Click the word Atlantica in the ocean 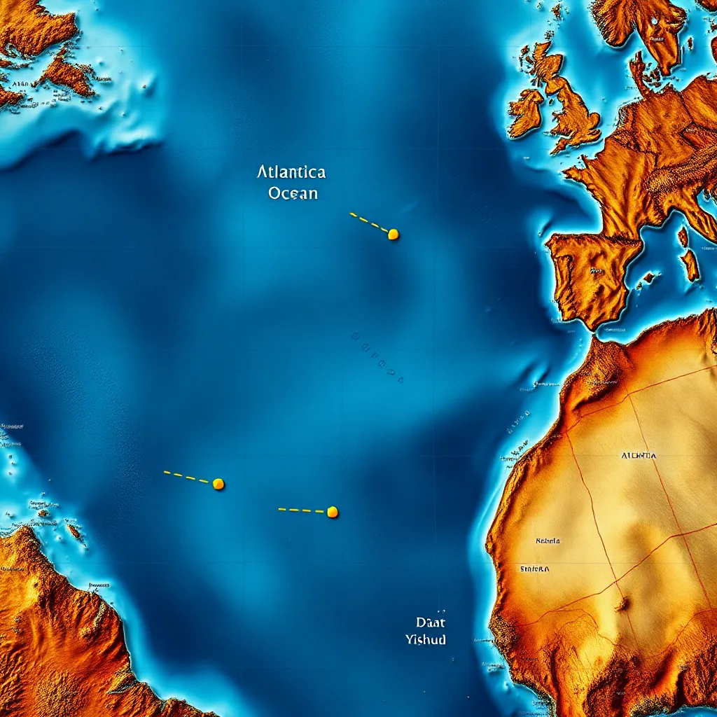(x=291, y=172)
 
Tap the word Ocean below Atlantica (x=293, y=193)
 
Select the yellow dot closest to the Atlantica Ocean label (x=393, y=235)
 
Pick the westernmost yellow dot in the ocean (x=218, y=484)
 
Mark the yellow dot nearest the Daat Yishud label (x=333, y=512)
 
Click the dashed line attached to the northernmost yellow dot (x=368, y=222)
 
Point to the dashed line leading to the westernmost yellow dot (x=187, y=478)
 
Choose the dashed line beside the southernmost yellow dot (x=302, y=510)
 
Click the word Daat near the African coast (x=431, y=622)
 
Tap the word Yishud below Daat (x=426, y=639)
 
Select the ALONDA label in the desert (x=639, y=455)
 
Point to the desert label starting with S (x=534, y=569)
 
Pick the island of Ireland (x=526, y=112)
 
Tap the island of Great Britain (x=571, y=105)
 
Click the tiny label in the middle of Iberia (x=596, y=270)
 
